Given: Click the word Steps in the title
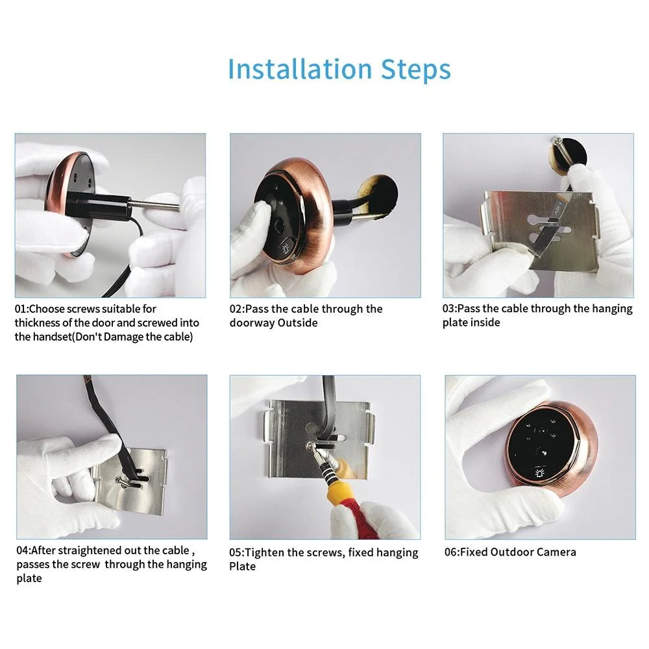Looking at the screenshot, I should pyautogui.click(x=415, y=69).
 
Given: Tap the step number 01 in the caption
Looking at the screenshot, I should pyautogui.click(x=21, y=309).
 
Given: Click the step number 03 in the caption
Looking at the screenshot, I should pyautogui.click(x=449, y=309).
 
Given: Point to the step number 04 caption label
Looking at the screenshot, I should pyautogui.click(x=23, y=550).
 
